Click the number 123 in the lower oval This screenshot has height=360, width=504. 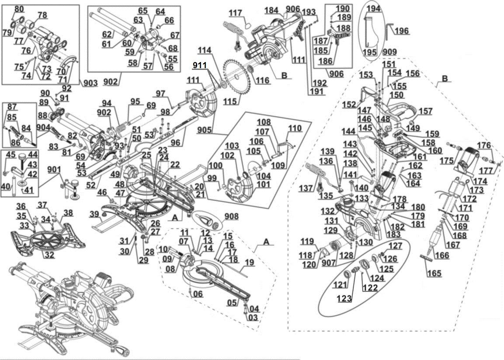(344, 299)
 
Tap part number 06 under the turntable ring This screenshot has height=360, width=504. (198, 294)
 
